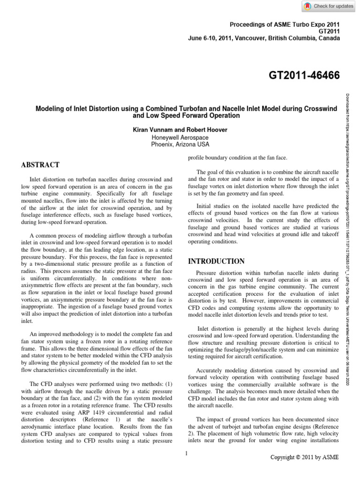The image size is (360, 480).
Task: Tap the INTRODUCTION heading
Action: [216, 261]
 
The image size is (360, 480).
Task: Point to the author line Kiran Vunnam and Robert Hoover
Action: [180, 128]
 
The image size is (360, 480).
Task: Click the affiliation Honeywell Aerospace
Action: [180, 137]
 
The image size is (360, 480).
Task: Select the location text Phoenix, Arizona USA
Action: [180, 144]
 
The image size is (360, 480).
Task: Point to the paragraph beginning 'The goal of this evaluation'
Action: [263, 182]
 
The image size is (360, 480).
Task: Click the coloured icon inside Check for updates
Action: [307, 6]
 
